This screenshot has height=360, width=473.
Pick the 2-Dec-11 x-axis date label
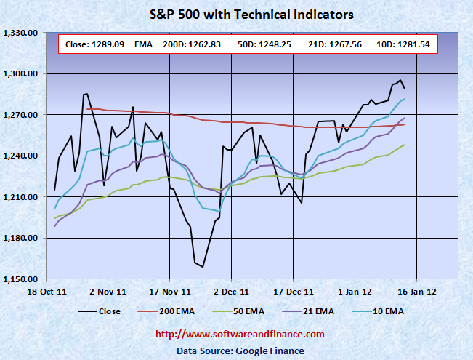[x=231, y=291]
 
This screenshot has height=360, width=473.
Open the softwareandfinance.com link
[x=240, y=334]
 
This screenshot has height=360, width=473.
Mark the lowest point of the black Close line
[x=203, y=267]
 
